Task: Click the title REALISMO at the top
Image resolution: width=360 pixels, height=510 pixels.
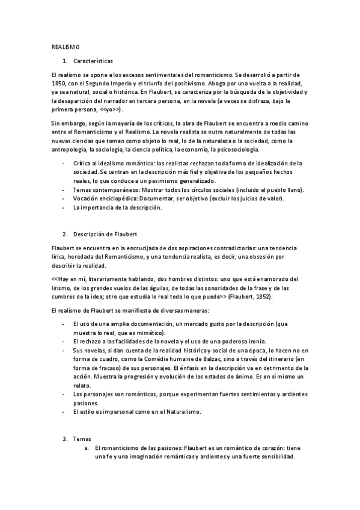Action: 61,46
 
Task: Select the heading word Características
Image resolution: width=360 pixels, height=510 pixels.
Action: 93,61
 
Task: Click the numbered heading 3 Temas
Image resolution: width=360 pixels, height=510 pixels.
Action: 81,439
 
